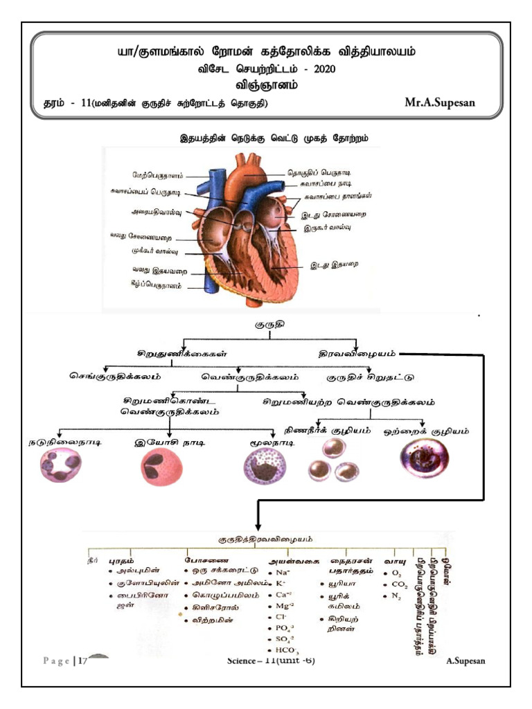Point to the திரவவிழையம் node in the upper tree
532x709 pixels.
[357, 352]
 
